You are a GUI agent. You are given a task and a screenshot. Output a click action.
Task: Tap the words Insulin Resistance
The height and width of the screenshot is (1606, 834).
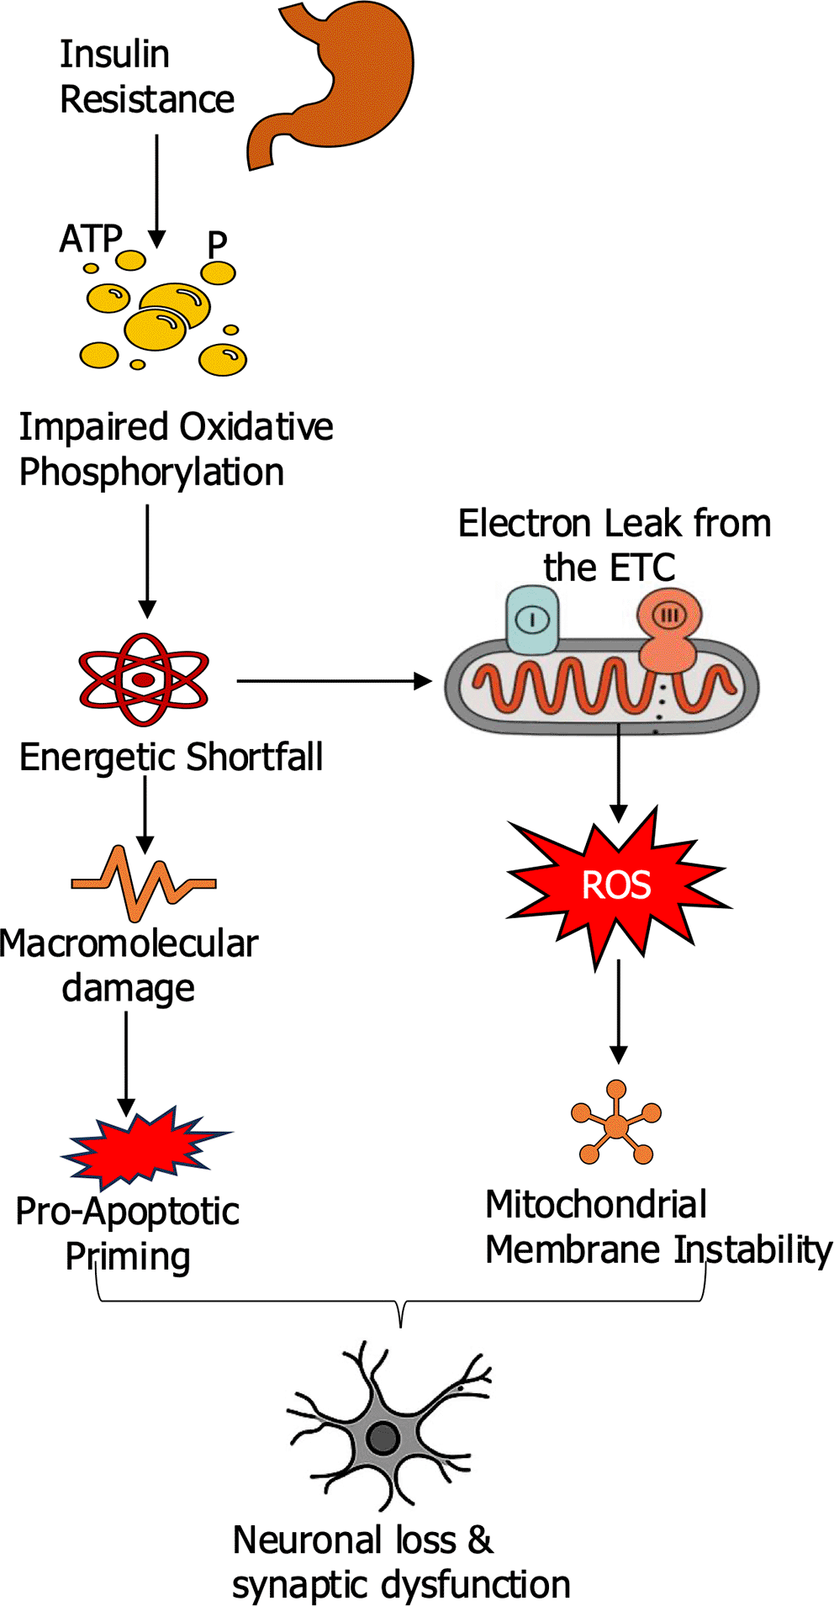(146, 77)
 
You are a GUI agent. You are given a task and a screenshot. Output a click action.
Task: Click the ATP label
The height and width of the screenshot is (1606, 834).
(91, 239)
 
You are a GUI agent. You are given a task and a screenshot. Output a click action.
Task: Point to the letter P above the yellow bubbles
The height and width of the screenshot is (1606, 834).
(217, 245)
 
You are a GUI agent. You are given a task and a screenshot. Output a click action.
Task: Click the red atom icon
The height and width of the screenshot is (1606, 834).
(144, 679)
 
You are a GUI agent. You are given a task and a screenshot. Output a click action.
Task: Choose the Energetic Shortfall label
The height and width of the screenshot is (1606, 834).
(171, 757)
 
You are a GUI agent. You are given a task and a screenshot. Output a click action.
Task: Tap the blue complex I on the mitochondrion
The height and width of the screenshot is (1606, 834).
(531, 621)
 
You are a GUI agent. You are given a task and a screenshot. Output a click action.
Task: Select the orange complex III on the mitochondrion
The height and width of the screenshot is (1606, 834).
(669, 626)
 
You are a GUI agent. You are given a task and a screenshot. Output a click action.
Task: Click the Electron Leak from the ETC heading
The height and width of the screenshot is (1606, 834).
(614, 545)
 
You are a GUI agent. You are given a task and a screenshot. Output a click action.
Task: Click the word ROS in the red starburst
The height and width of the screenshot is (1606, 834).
(616, 885)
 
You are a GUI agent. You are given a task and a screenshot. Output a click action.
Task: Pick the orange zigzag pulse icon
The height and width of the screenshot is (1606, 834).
(144, 883)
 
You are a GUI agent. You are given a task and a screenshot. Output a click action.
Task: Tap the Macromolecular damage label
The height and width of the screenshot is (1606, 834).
(129, 965)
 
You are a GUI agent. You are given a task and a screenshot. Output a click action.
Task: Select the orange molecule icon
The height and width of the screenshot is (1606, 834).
(616, 1123)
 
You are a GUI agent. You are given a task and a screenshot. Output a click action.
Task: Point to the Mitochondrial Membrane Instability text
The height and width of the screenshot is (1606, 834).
(657, 1228)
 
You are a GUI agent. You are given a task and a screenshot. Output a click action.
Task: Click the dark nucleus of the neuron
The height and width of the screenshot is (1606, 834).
(383, 1439)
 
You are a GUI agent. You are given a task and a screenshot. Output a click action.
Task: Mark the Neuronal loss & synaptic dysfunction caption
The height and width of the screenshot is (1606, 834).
(401, 1562)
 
